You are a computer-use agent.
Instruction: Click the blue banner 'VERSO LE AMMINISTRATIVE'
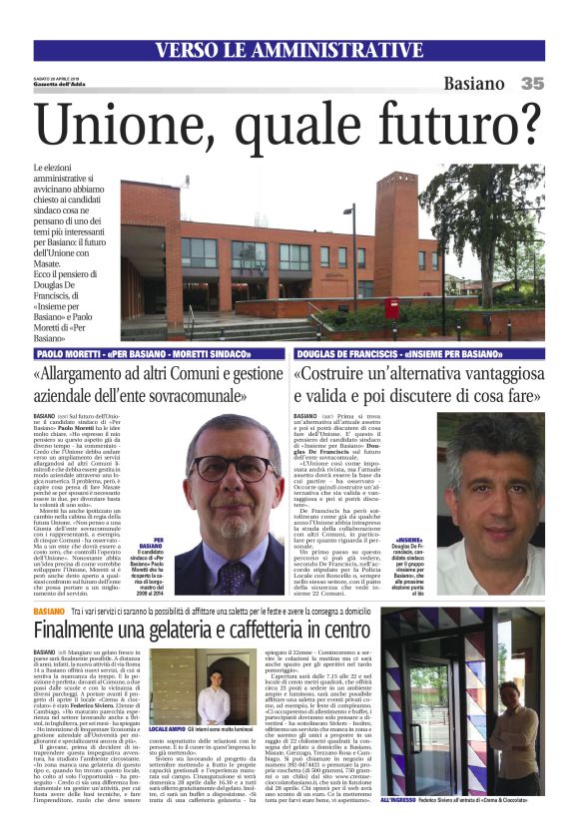click(x=289, y=50)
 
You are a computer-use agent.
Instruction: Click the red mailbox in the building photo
click(x=392, y=307)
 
